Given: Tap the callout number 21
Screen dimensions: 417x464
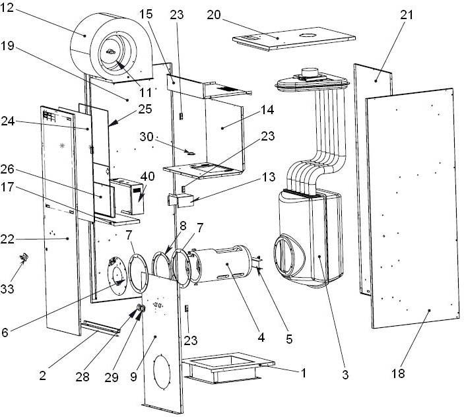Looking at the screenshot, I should pyautogui.click(x=407, y=15).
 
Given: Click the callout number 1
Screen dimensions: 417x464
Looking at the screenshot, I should pyautogui.click(x=303, y=373).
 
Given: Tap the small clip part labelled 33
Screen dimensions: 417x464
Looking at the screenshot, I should pyautogui.click(x=24, y=258).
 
